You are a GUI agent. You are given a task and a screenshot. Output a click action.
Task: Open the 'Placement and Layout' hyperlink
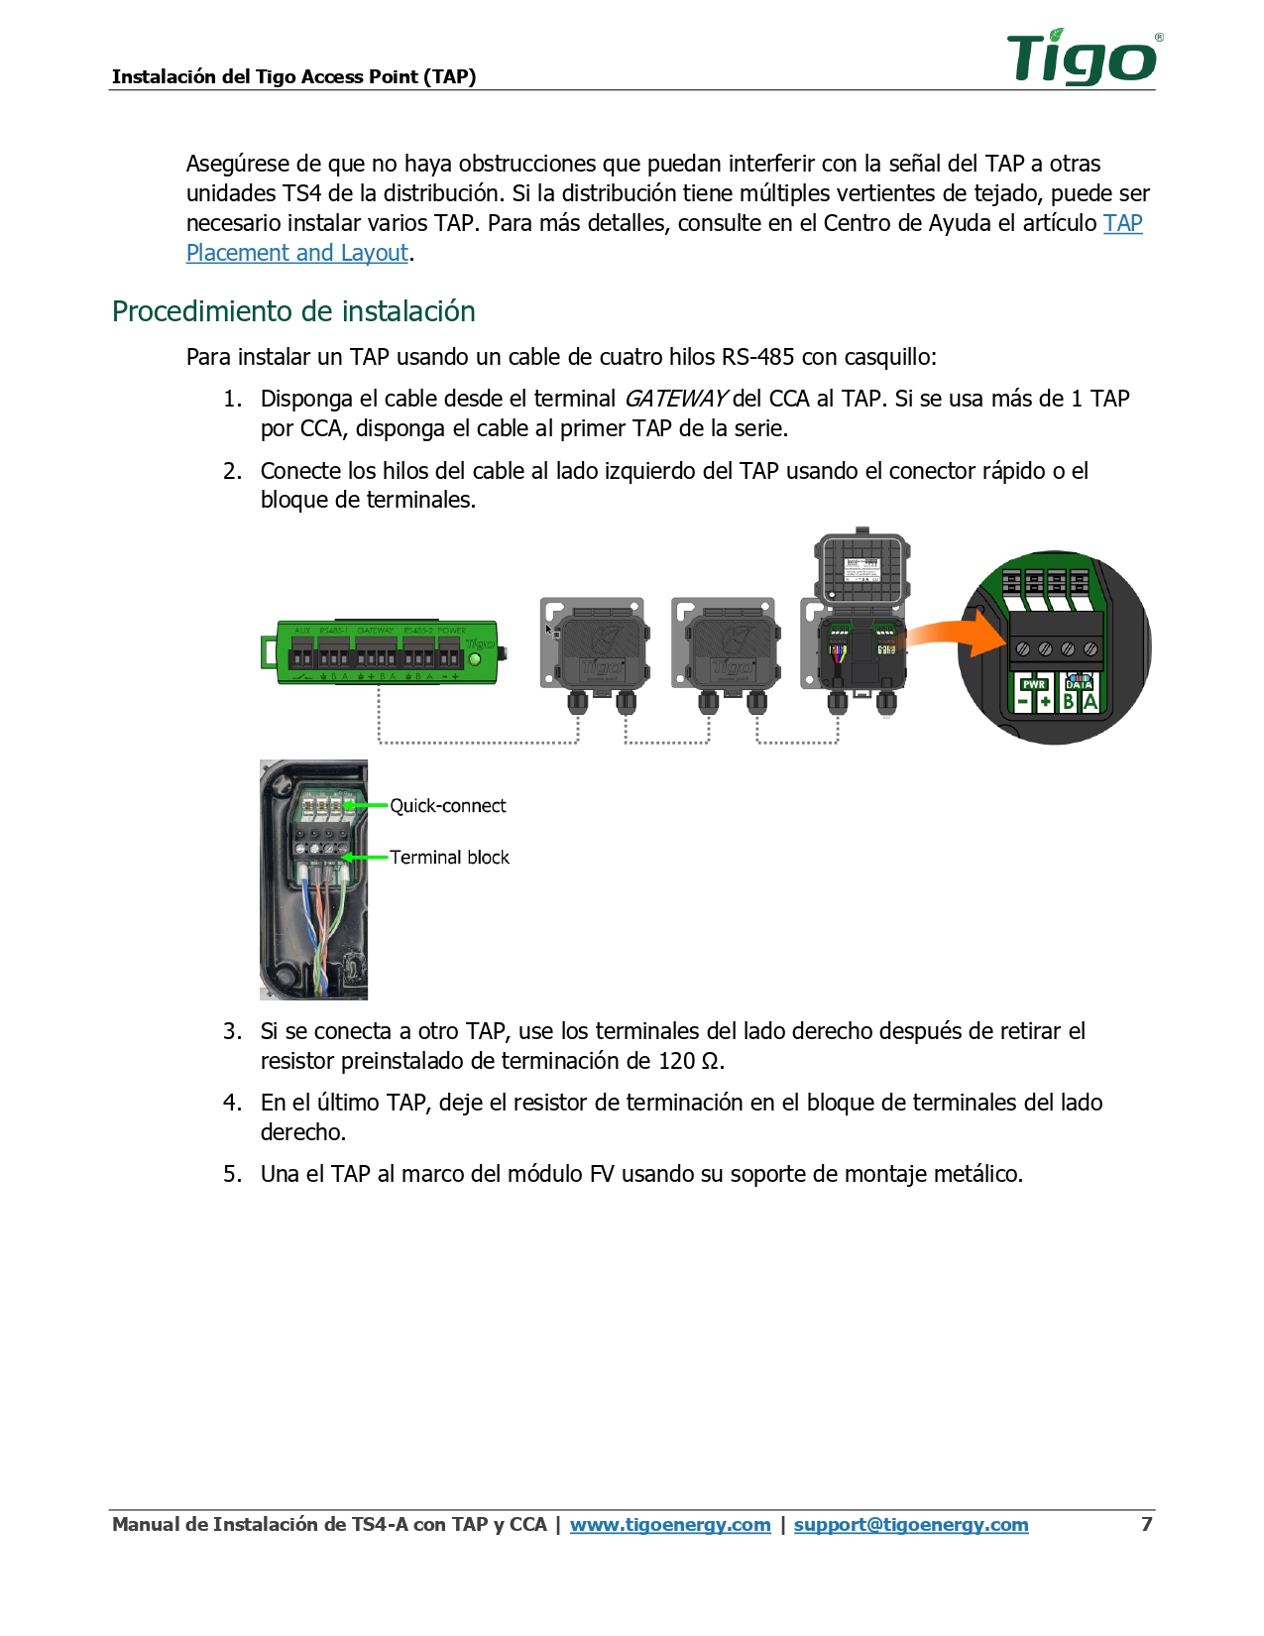click(296, 253)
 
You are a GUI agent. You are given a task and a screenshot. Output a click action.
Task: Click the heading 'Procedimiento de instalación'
click(293, 311)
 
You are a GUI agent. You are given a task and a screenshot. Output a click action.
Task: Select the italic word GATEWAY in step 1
click(675, 399)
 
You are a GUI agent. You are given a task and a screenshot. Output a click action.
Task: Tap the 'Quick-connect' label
click(447, 806)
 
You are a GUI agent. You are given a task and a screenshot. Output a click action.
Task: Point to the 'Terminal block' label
click(449, 858)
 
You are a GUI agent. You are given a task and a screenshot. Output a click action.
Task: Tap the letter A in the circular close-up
click(1090, 701)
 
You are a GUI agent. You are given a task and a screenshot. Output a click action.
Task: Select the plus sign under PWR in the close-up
click(1046, 701)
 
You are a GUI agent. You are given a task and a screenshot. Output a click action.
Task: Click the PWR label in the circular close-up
click(1034, 684)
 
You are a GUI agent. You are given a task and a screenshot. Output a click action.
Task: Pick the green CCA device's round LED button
click(474, 659)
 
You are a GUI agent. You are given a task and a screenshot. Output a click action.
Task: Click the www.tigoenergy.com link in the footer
click(670, 1525)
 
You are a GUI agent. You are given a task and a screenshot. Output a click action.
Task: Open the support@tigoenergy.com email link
click(910, 1525)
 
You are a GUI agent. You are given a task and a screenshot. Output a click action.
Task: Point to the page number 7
click(1147, 1524)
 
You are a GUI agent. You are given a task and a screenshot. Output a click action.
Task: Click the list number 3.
click(231, 1031)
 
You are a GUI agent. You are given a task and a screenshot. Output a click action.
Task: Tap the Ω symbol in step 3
click(710, 1062)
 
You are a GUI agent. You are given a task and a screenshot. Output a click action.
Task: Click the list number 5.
click(231, 1174)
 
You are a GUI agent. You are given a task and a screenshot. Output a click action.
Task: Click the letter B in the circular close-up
click(1068, 701)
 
